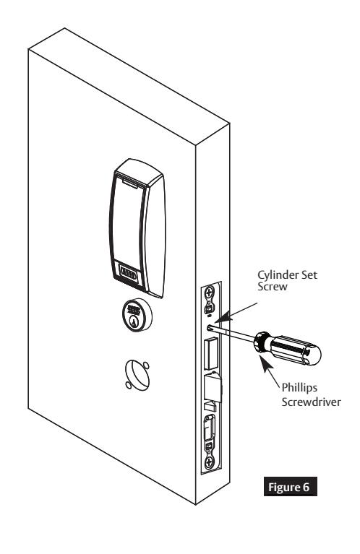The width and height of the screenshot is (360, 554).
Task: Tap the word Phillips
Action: pos(299,388)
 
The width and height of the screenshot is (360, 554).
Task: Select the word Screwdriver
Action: pos(311,402)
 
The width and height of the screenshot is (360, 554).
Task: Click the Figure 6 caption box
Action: pos(291,487)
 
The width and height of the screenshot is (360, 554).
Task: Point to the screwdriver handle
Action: pos(296,350)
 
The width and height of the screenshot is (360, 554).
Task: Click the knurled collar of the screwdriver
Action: pos(262,342)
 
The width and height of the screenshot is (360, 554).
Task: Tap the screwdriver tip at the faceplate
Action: pos(210,328)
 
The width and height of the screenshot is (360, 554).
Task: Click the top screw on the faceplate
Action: pos(210,293)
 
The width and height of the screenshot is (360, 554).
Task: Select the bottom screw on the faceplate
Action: pos(209,462)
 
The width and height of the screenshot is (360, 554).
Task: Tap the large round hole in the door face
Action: pos(137,375)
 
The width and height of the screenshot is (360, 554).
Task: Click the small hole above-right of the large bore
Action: pos(146,365)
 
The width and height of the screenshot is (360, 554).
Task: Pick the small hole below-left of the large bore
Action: pos(129,386)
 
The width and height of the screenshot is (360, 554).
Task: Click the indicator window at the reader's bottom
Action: pos(129,274)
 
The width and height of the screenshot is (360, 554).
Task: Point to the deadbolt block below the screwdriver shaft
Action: pos(212,353)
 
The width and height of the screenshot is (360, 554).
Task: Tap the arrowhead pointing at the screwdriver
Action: pos(265,361)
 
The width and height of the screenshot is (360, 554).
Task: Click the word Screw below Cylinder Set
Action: pos(273,287)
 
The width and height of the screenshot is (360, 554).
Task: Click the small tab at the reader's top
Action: pos(131,183)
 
